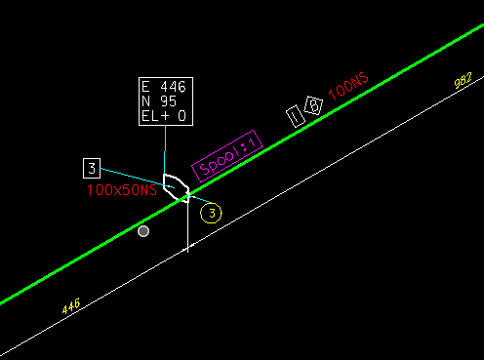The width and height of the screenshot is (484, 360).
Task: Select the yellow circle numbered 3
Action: [x=212, y=212]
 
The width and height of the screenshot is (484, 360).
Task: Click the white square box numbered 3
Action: [x=92, y=167]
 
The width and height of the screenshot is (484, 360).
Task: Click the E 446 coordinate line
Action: [x=163, y=87]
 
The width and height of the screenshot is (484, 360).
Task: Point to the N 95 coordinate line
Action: [x=158, y=101]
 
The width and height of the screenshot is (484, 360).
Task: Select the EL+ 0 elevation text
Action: [x=163, y=116]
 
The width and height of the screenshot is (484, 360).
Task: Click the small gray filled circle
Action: [x=143, y=231]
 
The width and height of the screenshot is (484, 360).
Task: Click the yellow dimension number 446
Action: [x=70, y=306]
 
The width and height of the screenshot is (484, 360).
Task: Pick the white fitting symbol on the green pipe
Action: [x=177, y=186]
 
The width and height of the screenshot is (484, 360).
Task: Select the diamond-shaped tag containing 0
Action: [x=314, y=104]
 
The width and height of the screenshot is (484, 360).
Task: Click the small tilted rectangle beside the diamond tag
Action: [x=296, y=116]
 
